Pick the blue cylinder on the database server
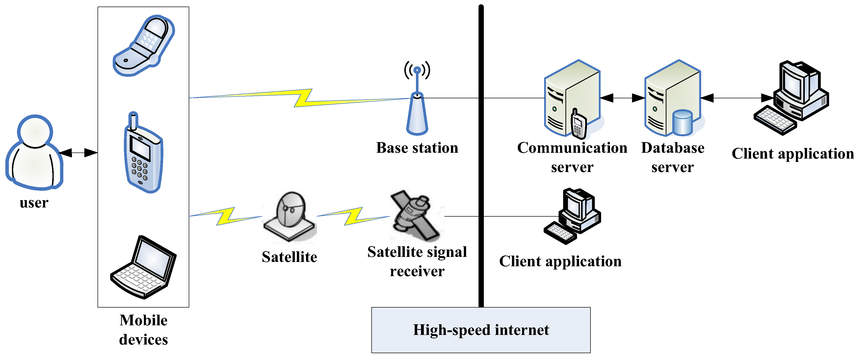pos(682,123)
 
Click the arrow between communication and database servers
pos(622,98)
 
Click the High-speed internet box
pos(481,330)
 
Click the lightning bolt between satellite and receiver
pos(353,216)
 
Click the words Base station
pos(417,148)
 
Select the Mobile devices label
pos(143,330)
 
